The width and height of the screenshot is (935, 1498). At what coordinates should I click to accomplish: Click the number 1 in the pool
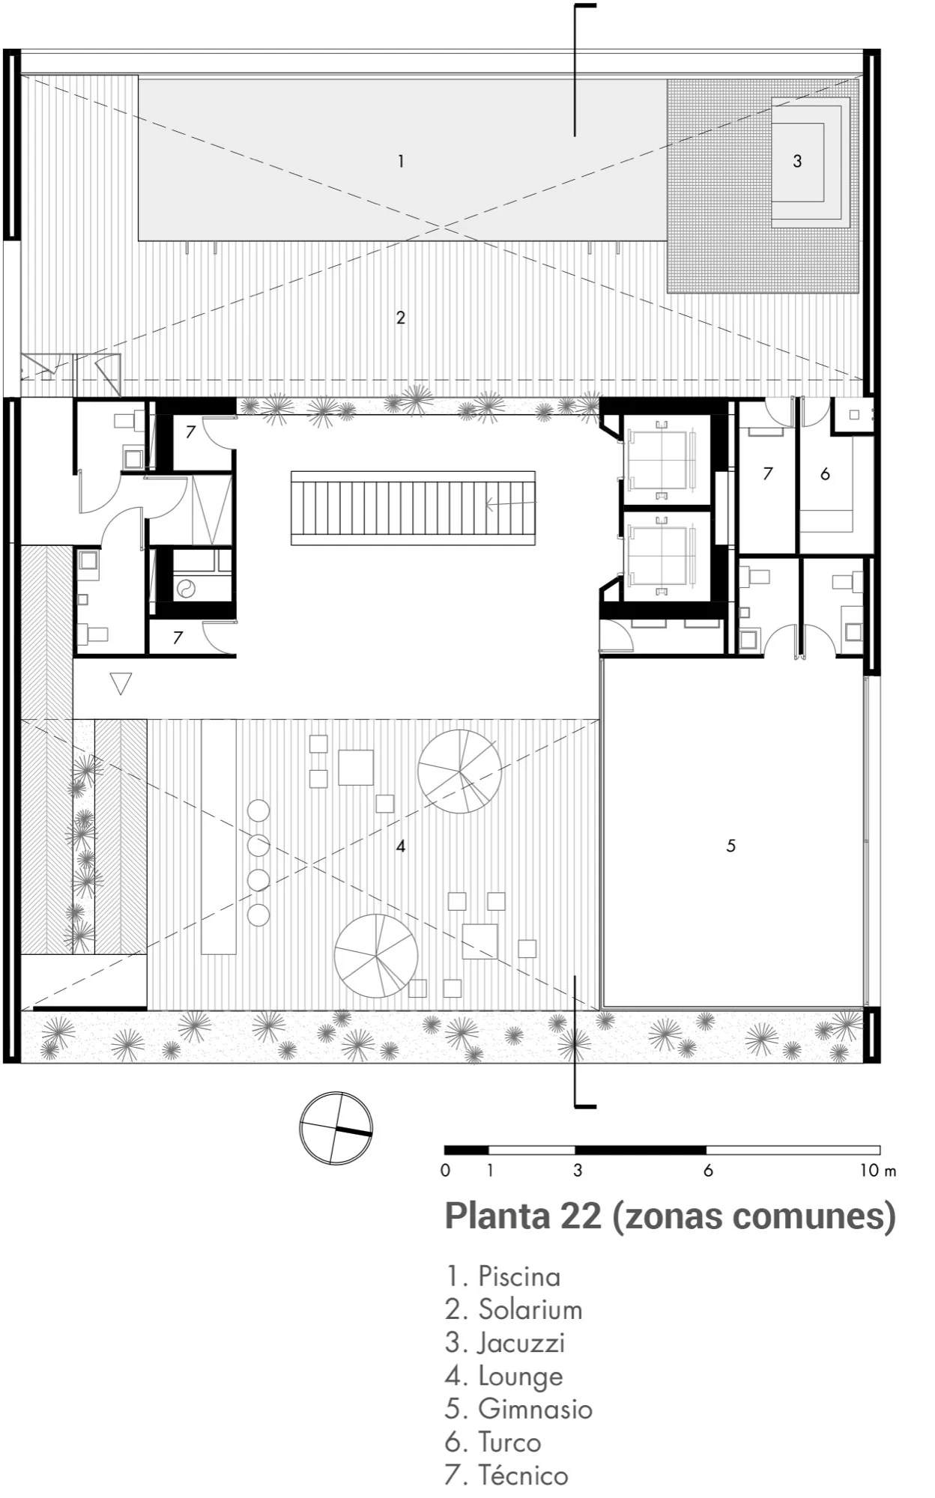pos(402,161)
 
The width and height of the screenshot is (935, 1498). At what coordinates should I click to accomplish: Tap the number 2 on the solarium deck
pos(401,318)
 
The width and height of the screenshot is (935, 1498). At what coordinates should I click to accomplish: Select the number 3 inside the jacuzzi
pos(797,161)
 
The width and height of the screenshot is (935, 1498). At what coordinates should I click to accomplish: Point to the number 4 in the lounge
pos(401,846)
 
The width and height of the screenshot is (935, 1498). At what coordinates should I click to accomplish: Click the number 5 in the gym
pos(731,846)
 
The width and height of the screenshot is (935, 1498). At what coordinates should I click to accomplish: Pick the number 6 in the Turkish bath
pos(825,473)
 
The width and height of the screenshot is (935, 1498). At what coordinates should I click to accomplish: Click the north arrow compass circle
pos(336,1128)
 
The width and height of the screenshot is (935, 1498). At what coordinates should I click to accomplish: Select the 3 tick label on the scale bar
pos(577,1171)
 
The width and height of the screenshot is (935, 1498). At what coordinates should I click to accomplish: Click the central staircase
pos(413,507)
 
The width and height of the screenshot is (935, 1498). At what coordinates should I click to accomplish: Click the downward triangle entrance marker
pos(121,683)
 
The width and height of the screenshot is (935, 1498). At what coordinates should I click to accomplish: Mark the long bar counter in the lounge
pos(219,836)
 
